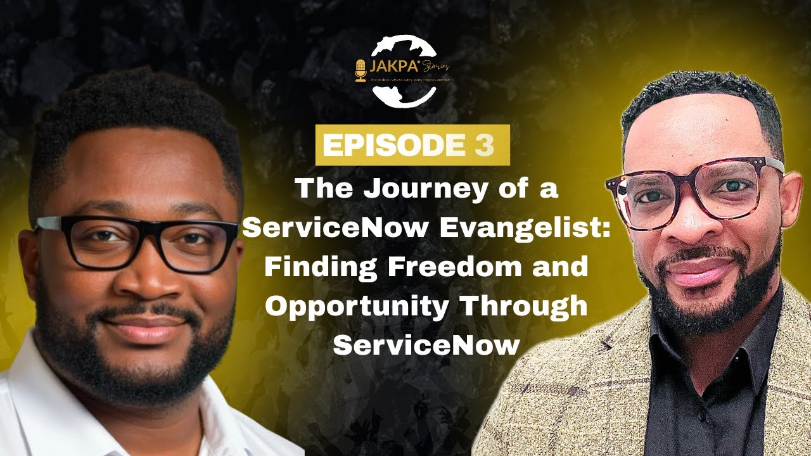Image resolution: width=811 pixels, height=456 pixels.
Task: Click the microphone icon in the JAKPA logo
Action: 361,70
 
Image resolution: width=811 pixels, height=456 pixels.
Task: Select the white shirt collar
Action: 209,405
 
